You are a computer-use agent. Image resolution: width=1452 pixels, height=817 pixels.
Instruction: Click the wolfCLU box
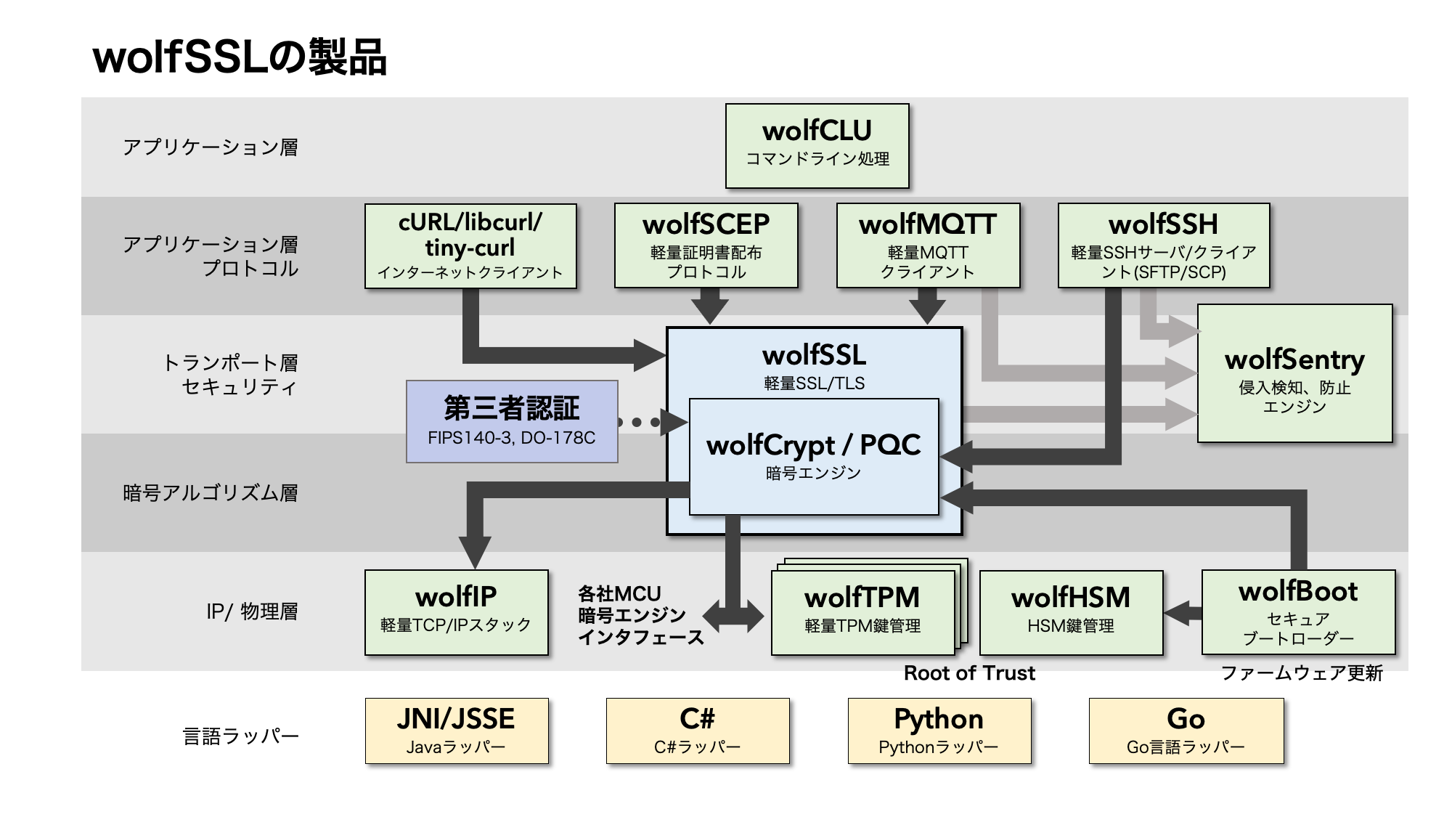click(817, 145)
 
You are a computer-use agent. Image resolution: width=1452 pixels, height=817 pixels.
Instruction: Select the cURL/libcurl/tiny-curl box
click(470, 246)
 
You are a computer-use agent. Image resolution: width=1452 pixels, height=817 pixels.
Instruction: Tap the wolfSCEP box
click(706, 245)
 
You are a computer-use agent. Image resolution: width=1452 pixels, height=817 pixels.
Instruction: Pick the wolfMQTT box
click(928, 245)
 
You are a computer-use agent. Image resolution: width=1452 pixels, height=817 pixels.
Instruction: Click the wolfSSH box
click(1163, 245)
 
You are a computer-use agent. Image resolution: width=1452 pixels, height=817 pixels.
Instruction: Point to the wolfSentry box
click(1294, 373)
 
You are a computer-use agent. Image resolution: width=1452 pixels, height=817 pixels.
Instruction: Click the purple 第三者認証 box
click(512, 421)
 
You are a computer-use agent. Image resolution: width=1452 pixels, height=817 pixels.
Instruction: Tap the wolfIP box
click(456, 612)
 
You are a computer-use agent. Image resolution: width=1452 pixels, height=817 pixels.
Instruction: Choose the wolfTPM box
click(862, 612)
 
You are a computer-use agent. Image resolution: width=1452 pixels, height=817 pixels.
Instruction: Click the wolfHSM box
click(1071, 612)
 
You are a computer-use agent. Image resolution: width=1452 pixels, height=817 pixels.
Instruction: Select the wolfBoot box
click(1298, 612)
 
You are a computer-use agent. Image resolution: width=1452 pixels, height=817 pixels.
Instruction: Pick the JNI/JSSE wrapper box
click(457, 731)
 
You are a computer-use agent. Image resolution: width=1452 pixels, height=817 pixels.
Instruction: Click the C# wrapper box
click(698, 731)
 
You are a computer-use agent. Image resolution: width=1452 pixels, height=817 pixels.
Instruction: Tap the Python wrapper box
click(939, 731)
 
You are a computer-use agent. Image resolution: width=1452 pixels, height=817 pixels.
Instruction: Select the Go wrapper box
click(1186, 731)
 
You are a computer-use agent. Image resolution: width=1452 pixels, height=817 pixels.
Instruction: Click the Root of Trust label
click(969, 673)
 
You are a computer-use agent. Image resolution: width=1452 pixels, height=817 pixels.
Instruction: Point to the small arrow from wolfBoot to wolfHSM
click(1183, 613)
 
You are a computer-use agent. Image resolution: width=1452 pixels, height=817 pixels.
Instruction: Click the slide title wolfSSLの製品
click(240, 57)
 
